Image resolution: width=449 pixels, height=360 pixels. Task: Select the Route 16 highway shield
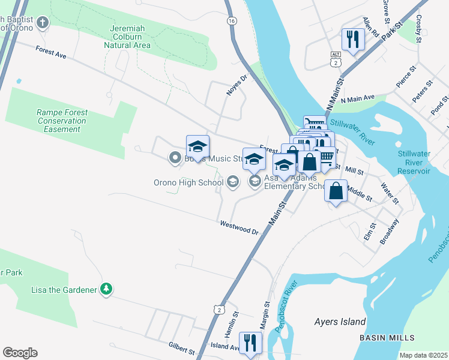(x=231, y=20)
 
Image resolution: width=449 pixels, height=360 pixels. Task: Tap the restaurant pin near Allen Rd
(x=351, y=40)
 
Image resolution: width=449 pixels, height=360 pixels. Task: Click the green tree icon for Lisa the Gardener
(x=106, y=289)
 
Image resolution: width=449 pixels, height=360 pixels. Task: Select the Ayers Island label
(x=340, y=322)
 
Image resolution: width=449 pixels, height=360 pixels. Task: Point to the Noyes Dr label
(x=237, y=85)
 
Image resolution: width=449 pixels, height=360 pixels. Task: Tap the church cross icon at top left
(x=42, y=23)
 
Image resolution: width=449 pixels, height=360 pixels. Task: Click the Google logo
(x=20, y=353)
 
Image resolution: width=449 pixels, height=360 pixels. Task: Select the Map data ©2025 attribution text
(x=423, y=355)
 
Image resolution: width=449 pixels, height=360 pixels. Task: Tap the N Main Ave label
(x=357, y=97)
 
